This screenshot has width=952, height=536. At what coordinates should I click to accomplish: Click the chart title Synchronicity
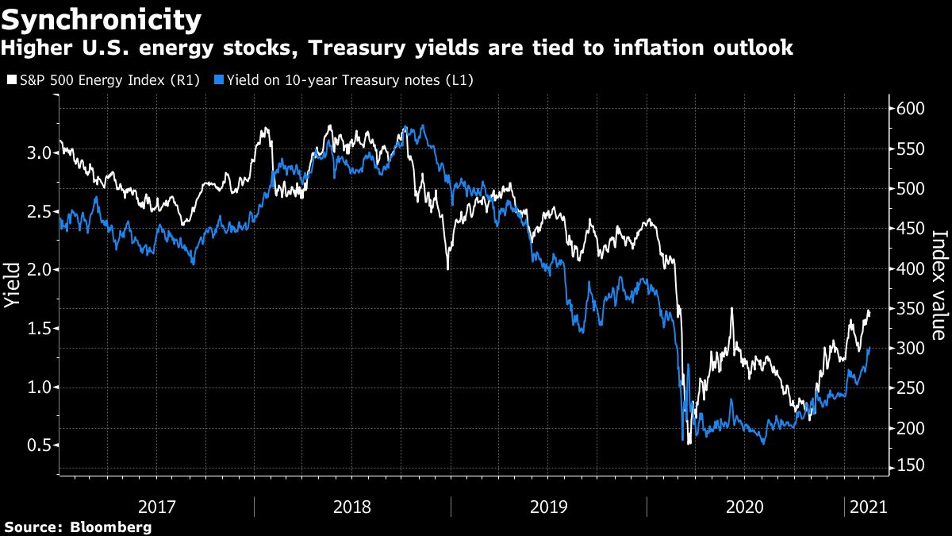click(101, 17)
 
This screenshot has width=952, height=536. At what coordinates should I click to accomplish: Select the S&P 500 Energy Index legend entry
click(112, 79)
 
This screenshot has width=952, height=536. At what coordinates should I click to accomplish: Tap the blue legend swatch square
click(220, 79)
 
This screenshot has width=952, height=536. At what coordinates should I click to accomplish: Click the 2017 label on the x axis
click(157, 506)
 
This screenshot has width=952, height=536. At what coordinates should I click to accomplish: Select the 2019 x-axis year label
click(548, 506)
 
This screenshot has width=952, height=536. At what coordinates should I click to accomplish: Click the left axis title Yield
click(13, 285)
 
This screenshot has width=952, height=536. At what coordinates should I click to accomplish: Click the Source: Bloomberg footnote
click(77, 526)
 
